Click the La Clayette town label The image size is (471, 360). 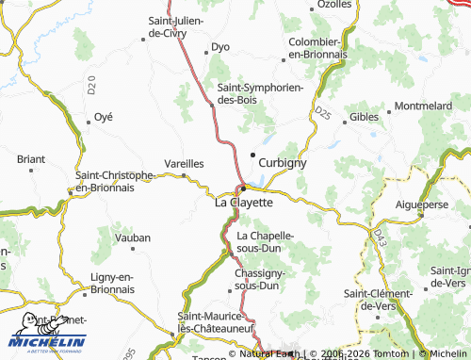[x=244, y=202]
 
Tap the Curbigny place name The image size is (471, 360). [x=283, y=162]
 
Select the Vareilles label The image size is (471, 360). [x=184, y=162]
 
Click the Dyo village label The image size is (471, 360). [x=220, y=46]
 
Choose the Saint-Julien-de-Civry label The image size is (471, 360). [x=182, y=27]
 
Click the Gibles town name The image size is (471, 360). [x=364, y=117]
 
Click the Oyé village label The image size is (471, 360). [x=104, y=117]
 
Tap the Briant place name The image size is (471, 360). [x=31, y=160]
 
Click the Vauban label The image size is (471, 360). [x=133, y=238]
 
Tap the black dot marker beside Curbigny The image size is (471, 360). [x=252, y=155]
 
